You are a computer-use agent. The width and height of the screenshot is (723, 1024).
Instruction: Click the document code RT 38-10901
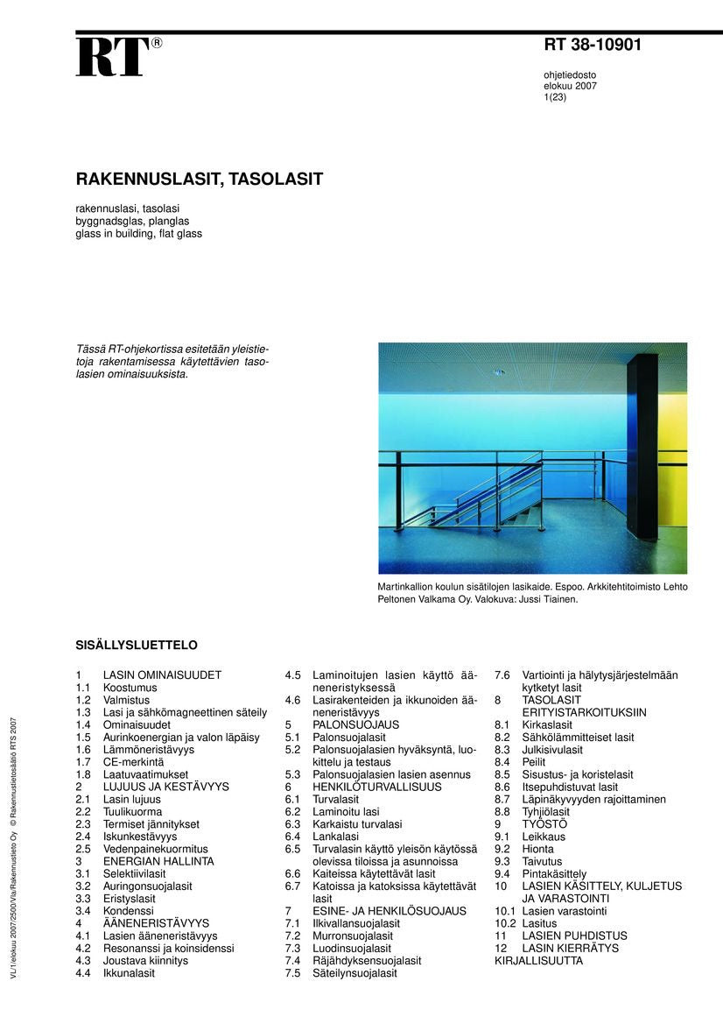(x=593, y=45)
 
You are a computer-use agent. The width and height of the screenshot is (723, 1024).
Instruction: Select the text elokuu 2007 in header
(x=570, y=86)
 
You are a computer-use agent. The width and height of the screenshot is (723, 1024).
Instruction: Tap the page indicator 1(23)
(x=555, y=97)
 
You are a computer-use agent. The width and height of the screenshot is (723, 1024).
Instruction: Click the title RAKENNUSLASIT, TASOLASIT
(x=200, y=180)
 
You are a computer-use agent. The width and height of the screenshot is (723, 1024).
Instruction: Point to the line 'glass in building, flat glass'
(x=138, y=234)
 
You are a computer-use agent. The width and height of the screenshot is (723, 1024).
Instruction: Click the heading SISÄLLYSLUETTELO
(x=137, y=646)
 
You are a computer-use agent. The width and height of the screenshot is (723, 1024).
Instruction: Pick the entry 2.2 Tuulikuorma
(x=131, y=812)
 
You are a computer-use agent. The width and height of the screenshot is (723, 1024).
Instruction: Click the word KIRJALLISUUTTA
(x=538, y=960)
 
